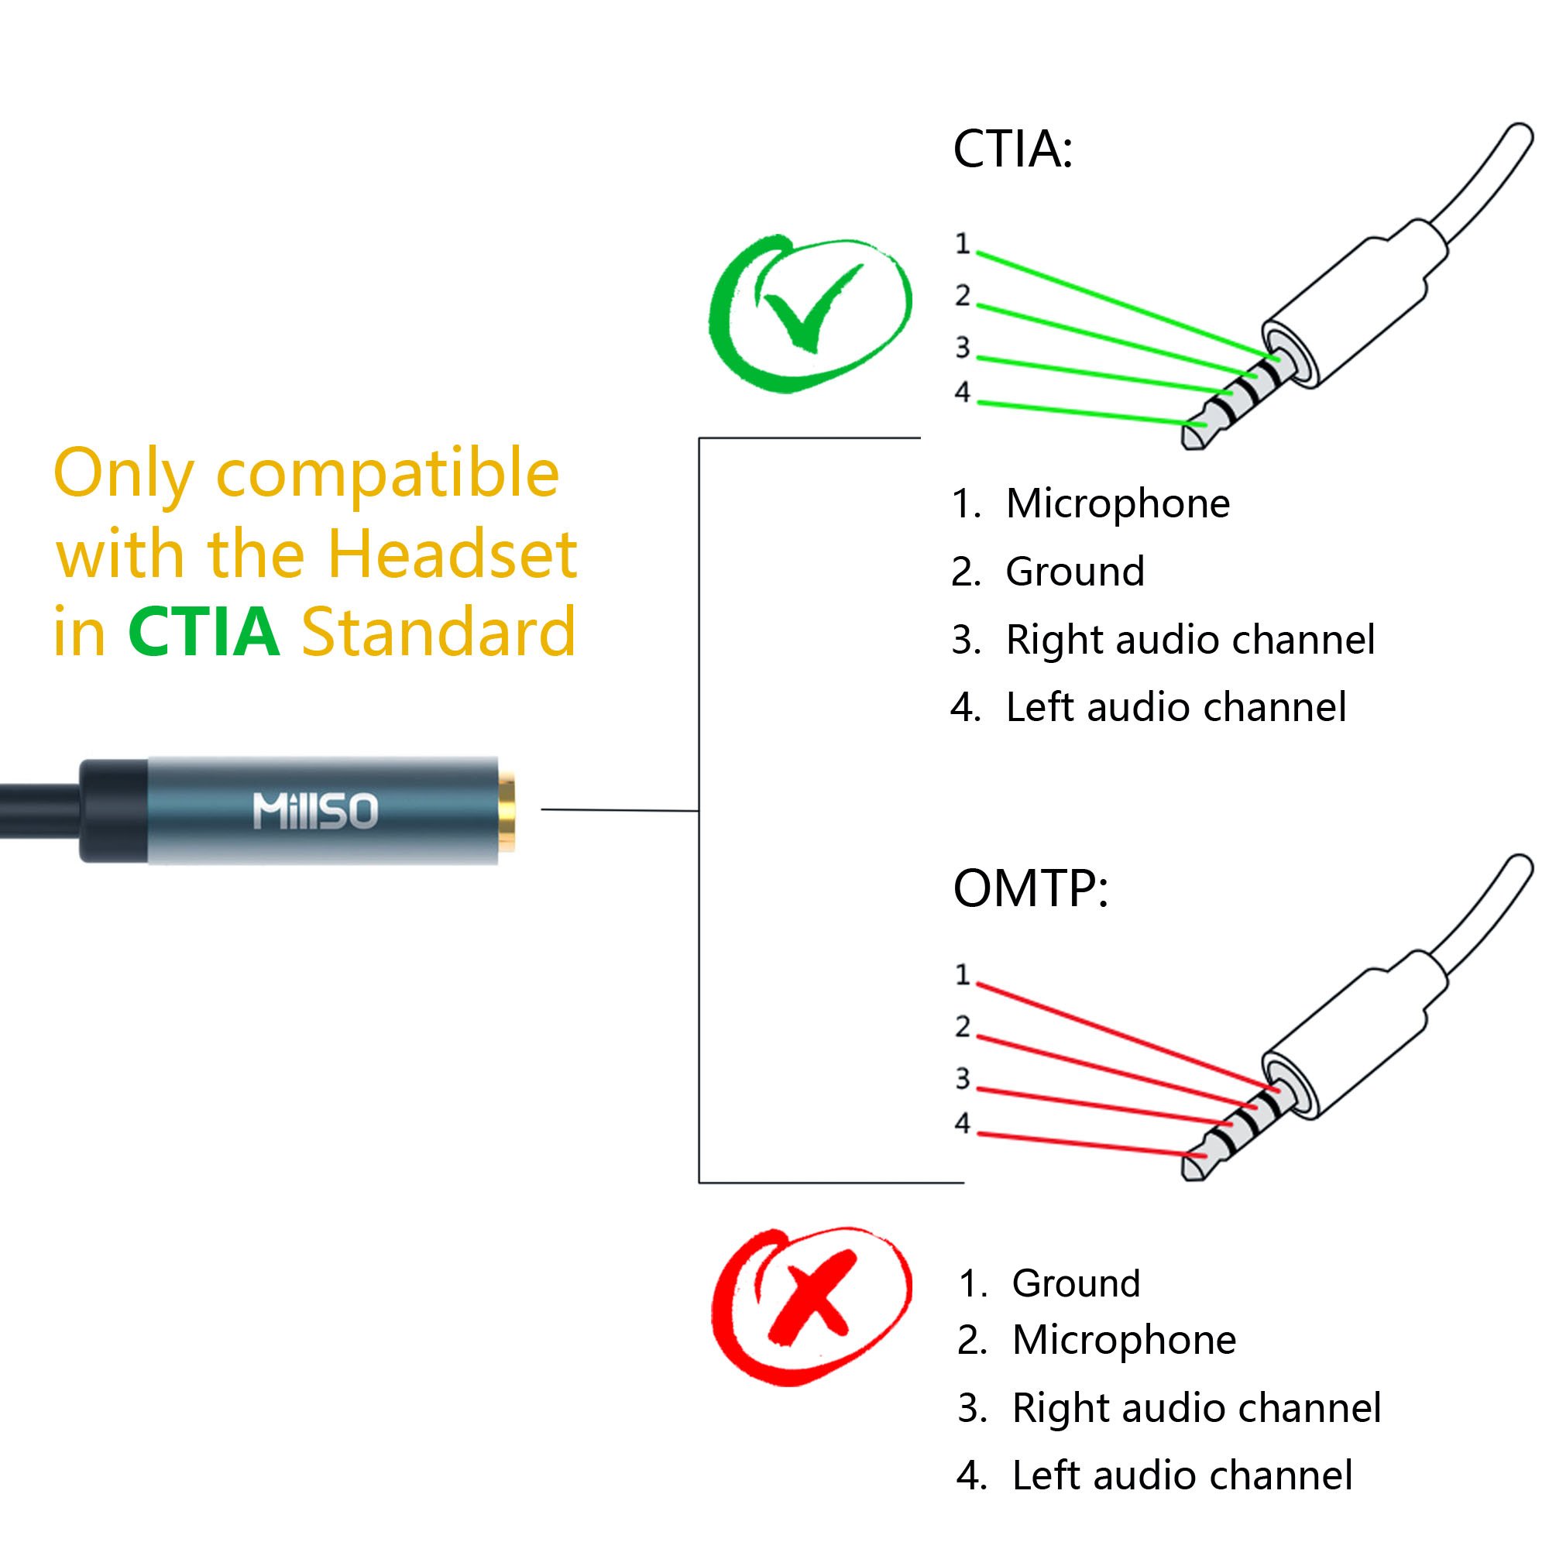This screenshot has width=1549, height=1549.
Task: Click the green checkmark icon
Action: pos(810,313)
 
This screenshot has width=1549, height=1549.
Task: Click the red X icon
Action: pos(812,1307)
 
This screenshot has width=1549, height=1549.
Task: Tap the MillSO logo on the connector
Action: pos(315,811)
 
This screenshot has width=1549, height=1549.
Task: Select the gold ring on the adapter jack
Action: pos(506,811)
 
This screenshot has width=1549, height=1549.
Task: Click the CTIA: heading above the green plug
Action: pos(1012,149)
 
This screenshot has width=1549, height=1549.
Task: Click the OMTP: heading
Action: pos(1030,888)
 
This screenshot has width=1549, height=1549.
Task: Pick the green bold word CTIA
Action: pos(204,632)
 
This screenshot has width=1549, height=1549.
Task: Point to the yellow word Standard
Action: pos(438,632)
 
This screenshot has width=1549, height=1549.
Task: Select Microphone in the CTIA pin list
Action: pos(1117,503)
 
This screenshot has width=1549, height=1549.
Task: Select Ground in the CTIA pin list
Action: pos(1074,572)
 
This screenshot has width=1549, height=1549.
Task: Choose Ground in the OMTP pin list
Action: pos(1075,1283)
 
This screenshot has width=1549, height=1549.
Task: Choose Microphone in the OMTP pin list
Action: pos(1123,1340)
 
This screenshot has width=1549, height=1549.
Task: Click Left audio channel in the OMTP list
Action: pos(1182,1475)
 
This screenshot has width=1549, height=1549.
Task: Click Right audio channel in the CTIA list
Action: pos(1190,640)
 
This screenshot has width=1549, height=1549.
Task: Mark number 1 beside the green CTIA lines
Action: pos(962,244)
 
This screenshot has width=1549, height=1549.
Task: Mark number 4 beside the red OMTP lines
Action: pos(962,1123)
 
